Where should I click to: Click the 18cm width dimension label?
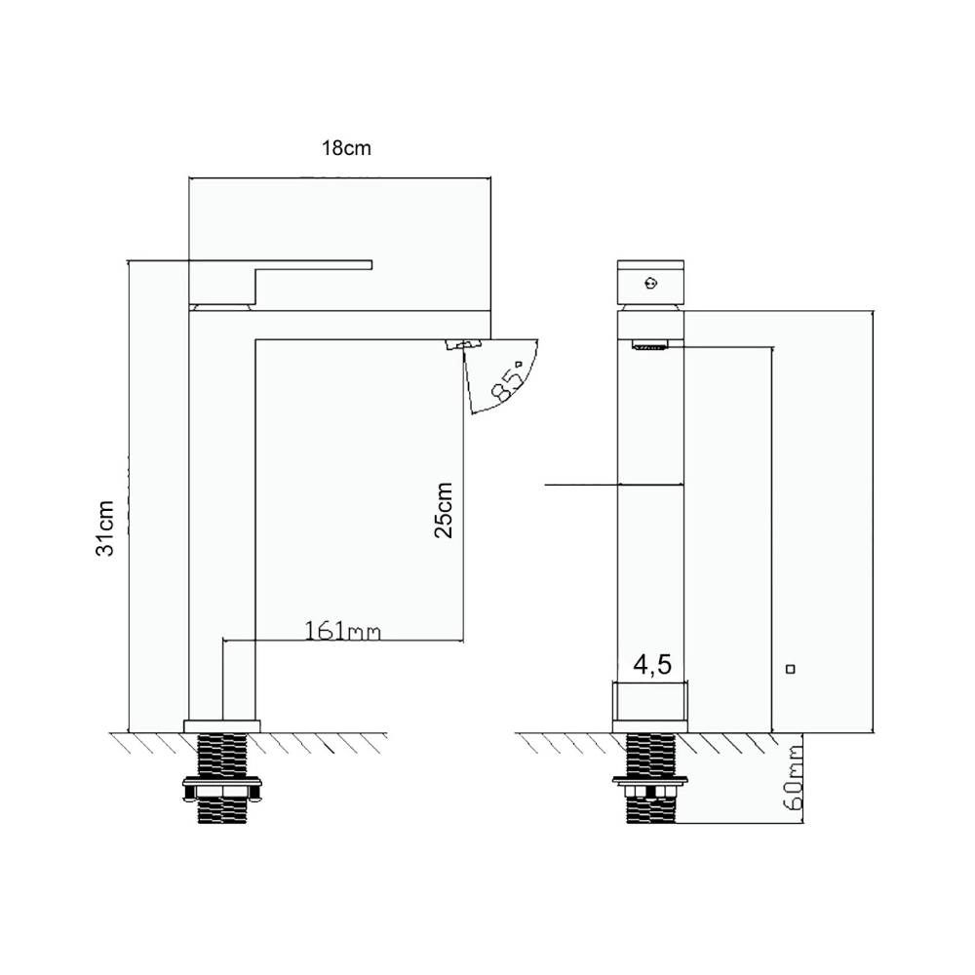pyautogui.click(x=346, y=148)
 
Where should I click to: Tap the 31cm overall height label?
pyautogui.click(x=105, y=527)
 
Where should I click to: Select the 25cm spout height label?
pyautogui.click(x=444, y=510)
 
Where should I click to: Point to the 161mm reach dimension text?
pyautogui.click(x=342, y=631)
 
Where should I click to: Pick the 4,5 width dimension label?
pyautogui.click(x=652, y=664)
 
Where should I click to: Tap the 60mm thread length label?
pyautogui.click(x=794, y=778)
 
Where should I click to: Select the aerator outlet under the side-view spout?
pyautogui.click(x=463, y=344)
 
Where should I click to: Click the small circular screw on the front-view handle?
pyautogui.click(x=650, y=284)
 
